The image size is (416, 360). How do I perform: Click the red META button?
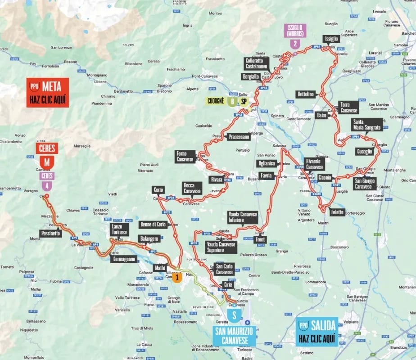click(47, 92)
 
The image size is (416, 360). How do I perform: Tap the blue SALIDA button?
click(317, 332)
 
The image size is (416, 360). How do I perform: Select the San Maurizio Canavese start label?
click(234, 336)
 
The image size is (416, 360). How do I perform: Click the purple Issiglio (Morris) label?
click(294, 31)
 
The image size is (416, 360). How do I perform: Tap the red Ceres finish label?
click(47, 148)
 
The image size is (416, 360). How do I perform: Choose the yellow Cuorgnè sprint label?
click(215, 101)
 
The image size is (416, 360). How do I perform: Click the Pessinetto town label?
click(50, 234)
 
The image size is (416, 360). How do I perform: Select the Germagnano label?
click(123, 259)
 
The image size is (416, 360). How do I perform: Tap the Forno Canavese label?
click(185, 157)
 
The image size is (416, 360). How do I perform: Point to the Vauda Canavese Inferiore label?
click(242, 217)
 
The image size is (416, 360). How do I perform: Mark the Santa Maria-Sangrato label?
click(367, 125)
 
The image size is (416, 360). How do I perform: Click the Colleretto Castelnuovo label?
click(257, 63)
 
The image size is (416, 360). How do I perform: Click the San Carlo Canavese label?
click(224, 269)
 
